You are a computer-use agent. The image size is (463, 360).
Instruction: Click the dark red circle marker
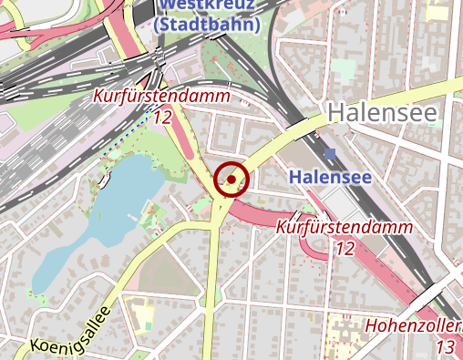(231, 180)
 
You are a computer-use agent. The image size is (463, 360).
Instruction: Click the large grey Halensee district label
(382, 113)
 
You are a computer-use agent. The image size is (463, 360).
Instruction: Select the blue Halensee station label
(330, 177)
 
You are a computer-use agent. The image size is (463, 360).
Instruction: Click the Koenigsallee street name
(71, 330)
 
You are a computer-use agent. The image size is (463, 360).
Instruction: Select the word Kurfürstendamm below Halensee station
(344, 227)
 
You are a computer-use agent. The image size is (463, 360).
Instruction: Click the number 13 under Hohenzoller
(446, 346)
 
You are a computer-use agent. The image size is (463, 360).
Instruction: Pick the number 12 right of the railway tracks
(345, 247)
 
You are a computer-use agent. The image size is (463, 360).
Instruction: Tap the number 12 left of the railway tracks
(163, 117)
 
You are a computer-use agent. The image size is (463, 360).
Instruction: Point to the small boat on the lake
(105, 180)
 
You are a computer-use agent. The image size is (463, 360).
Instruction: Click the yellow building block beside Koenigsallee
(144, 314)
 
